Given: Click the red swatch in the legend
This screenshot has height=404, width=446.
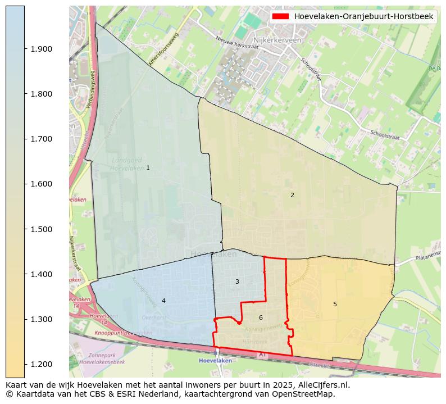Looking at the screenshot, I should pos(281,16).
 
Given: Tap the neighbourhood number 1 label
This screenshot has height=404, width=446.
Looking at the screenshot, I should pos(148,168).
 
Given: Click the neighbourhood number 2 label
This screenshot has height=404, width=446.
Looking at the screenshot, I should pos(292,196).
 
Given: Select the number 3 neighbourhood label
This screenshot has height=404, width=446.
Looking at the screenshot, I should pos(237,282).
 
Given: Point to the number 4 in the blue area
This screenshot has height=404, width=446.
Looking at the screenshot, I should pos(163,301).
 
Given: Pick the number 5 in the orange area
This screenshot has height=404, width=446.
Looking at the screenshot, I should pos(335,305).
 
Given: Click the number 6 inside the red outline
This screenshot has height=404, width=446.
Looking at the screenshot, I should pos(261,318).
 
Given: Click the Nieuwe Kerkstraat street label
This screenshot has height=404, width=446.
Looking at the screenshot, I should pos(237,43).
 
